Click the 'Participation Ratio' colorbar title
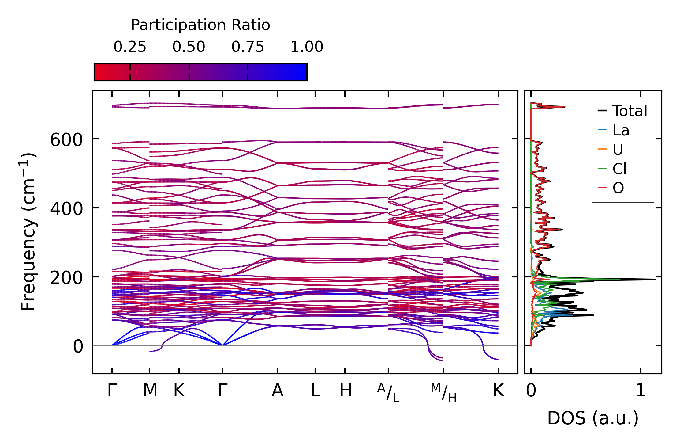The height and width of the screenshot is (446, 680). point(200,25)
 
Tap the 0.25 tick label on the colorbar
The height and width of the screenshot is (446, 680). point(130,47)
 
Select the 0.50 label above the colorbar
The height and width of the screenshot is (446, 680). point(189,47)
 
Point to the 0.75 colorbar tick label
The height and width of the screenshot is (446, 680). point(248,47)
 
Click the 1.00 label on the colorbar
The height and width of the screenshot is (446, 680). point(307,47)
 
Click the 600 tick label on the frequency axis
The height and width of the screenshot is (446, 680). point(66,140)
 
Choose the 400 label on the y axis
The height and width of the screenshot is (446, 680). point(66,209)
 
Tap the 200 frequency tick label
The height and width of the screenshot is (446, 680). point(66,278)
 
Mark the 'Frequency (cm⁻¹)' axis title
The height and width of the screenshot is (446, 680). point(28,232)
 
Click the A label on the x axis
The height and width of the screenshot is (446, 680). point(277,391)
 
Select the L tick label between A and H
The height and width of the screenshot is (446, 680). point(315,391)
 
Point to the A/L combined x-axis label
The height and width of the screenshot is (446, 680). point(388,393)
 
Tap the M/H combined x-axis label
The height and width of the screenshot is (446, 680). point(443,393)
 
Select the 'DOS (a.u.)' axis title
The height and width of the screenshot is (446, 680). point(593,418)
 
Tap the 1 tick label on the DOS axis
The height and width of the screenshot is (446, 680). point(641,391)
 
